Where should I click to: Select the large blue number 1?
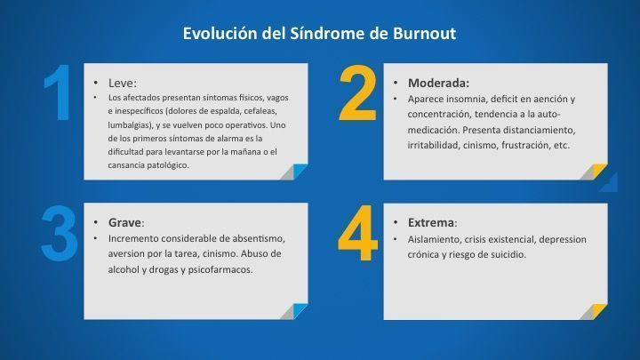(x=58, y=92)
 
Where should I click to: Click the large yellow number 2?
(x=357, y=93)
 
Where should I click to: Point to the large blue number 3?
(x=60, y=234)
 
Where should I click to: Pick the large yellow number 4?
(x=357, y=233)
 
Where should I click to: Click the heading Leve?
(x=123, y=84)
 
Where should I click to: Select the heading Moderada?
(x=439, y=84)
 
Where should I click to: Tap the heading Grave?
(x=126, y=223)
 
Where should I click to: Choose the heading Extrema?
(x=433, y=223)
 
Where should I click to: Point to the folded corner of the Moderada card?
(x=593, y=172)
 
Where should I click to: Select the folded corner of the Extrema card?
(x=593, y=311)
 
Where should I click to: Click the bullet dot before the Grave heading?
(x=95, y=222)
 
